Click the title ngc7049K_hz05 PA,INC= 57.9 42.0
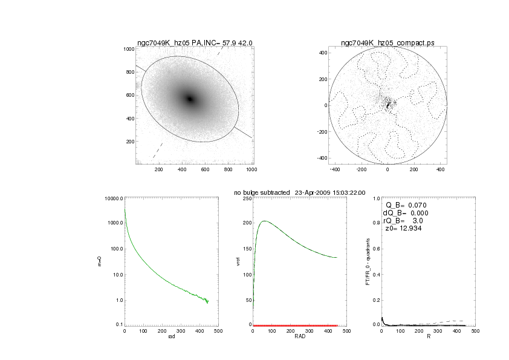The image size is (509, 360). (194, 43)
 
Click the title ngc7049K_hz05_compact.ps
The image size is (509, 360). (387, 43)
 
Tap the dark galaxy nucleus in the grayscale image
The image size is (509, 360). (190, 99)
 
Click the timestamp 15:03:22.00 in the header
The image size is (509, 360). (345, 192)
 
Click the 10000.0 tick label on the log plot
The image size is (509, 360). (113, 198)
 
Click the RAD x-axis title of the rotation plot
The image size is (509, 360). (299, 338)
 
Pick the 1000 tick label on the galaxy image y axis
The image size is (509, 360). (128, 49)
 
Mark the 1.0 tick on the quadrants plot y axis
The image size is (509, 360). (375, 198)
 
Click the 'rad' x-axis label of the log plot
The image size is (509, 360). (171, 338)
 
